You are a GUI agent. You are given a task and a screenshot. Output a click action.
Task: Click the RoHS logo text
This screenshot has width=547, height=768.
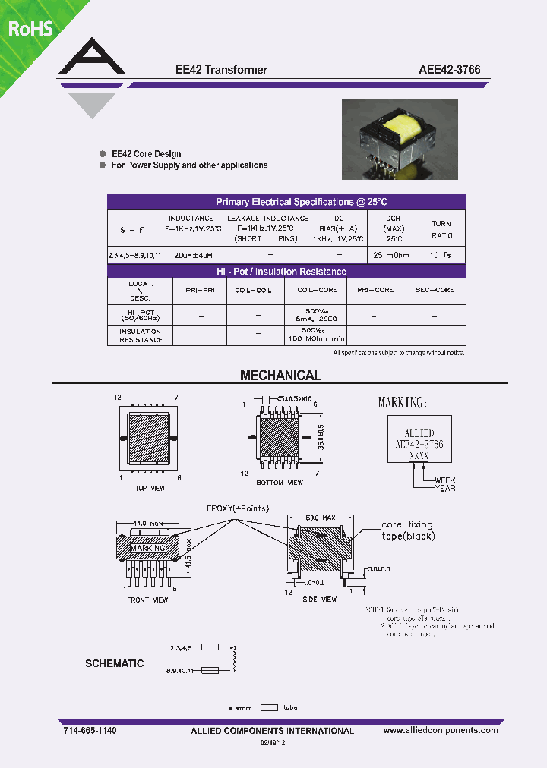(x=30, y=28)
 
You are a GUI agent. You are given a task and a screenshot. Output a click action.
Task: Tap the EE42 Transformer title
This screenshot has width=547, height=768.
(x=217, y=69)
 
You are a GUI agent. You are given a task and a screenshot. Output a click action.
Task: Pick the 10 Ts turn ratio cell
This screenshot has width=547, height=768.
(x=441, y=256)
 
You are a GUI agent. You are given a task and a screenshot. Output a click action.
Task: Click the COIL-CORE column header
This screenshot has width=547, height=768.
(x=317, y=290)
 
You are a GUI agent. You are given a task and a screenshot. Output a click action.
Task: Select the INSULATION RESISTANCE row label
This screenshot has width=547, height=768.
(x=140, y=335)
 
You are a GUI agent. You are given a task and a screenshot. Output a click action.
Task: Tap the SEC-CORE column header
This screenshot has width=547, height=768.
(x=435, y=290)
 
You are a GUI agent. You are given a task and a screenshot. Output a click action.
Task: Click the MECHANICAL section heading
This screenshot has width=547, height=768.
(x=280, y=376)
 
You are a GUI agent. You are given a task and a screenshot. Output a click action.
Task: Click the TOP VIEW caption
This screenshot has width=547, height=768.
(x=150, y=488)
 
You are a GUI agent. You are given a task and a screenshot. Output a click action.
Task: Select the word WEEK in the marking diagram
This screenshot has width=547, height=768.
(x=445, y=480)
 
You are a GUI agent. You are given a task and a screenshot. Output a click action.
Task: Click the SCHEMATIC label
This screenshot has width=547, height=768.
(x=114, y=663)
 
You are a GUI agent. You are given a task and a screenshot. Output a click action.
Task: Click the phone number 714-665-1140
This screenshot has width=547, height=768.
(x=90, y=730)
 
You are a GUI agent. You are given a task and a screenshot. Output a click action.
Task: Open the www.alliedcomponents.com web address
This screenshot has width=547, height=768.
(x=441, y=730)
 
